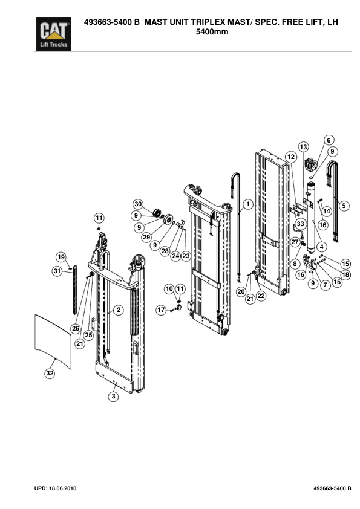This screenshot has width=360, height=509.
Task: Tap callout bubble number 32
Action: tap(50, 374)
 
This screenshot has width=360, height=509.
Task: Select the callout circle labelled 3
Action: tap(113, 397)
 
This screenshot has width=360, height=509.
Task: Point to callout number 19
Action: tap(61, 256)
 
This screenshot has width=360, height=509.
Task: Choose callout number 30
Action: tap(137, 204)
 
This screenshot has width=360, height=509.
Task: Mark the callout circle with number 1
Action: tap(247, 205)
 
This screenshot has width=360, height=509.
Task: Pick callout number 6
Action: tap(329, 140)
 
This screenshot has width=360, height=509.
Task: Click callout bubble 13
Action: tap(303, 147)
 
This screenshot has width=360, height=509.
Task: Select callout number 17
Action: tap(161, 310)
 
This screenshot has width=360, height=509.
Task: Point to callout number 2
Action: tap(119, 310)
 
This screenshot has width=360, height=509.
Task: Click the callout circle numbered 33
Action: tap(300, 224)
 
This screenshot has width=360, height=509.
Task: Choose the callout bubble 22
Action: tap(261, 296)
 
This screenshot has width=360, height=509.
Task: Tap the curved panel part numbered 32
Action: tap(53, 342)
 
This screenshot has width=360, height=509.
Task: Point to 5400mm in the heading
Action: tap(213, 31)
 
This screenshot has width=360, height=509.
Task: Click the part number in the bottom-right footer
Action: tap(332, 488)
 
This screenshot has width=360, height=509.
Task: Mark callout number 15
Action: tap(345, 263)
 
